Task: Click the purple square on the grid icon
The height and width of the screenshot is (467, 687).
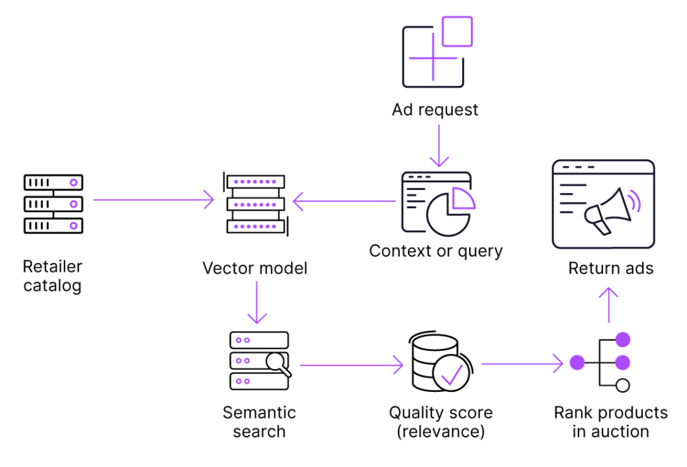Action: click(457, 32)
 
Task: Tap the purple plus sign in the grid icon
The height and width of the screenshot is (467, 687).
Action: click(433, 58)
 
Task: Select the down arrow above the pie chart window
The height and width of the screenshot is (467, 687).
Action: click(439, 146)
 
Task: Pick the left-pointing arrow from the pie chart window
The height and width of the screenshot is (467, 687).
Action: click(343, 201)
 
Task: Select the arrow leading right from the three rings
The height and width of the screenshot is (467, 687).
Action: click(154, 200)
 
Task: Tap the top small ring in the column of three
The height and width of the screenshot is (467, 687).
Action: click(73, 183)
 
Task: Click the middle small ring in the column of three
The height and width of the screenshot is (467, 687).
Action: click(73, 204)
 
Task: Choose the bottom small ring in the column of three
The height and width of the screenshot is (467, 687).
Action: click(73, 225)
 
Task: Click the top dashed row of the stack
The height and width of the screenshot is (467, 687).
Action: click(255, 182)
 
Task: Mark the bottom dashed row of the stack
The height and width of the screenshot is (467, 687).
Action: click(255, 226)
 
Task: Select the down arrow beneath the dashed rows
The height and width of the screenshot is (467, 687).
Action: click(257, 302)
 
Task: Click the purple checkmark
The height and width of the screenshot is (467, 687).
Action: click(452, 376)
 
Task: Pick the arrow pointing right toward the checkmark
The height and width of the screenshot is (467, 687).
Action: click(352, 365)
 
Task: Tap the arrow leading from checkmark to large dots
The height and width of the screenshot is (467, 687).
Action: click(522, 364)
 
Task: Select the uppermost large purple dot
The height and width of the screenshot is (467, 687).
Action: click(623, 340)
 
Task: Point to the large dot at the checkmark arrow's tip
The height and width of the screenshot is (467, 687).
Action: click(577, 363)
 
